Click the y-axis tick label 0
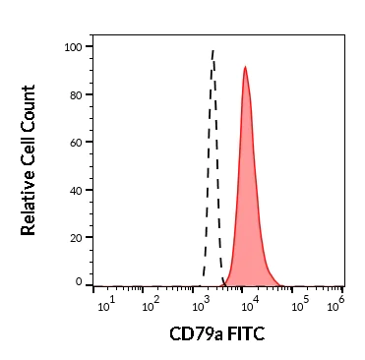(78, 282)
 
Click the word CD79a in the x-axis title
(195, 334)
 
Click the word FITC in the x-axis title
(246, 334)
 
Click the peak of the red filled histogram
(245, 68)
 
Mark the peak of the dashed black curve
(213, 50)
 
